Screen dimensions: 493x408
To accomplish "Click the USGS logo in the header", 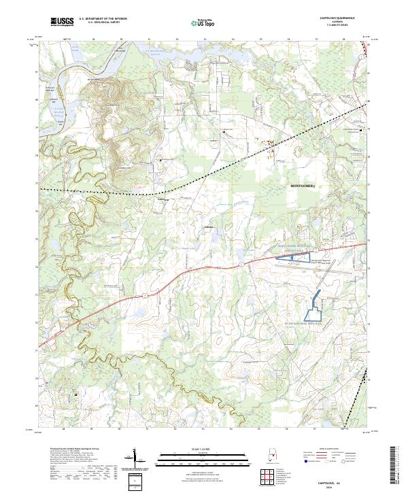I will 63,22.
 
